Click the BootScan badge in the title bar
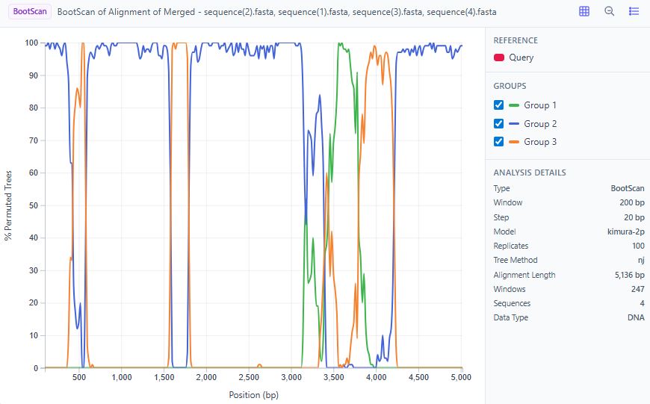(x=30, y=12)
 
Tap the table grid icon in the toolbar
(x=584, y=12)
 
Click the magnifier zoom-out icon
(x=610, y=12)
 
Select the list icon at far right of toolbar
(x=634, y=12)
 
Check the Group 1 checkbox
(x=499, y=105)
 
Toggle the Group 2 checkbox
(x=499, y=124)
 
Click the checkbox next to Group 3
(x=499, y=142)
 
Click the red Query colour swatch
(x=498, y=58)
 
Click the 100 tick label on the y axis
(x=31, y=43)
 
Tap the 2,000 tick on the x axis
(x=206, y=378)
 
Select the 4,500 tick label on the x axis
(x=420, y=378)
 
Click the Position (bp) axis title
(x=253, y=395)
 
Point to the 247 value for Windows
(x=637, y=289)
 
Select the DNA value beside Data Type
(x=636, y=317)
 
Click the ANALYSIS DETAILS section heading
(x=529, y=173)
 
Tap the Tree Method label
(x=514, y=261)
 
